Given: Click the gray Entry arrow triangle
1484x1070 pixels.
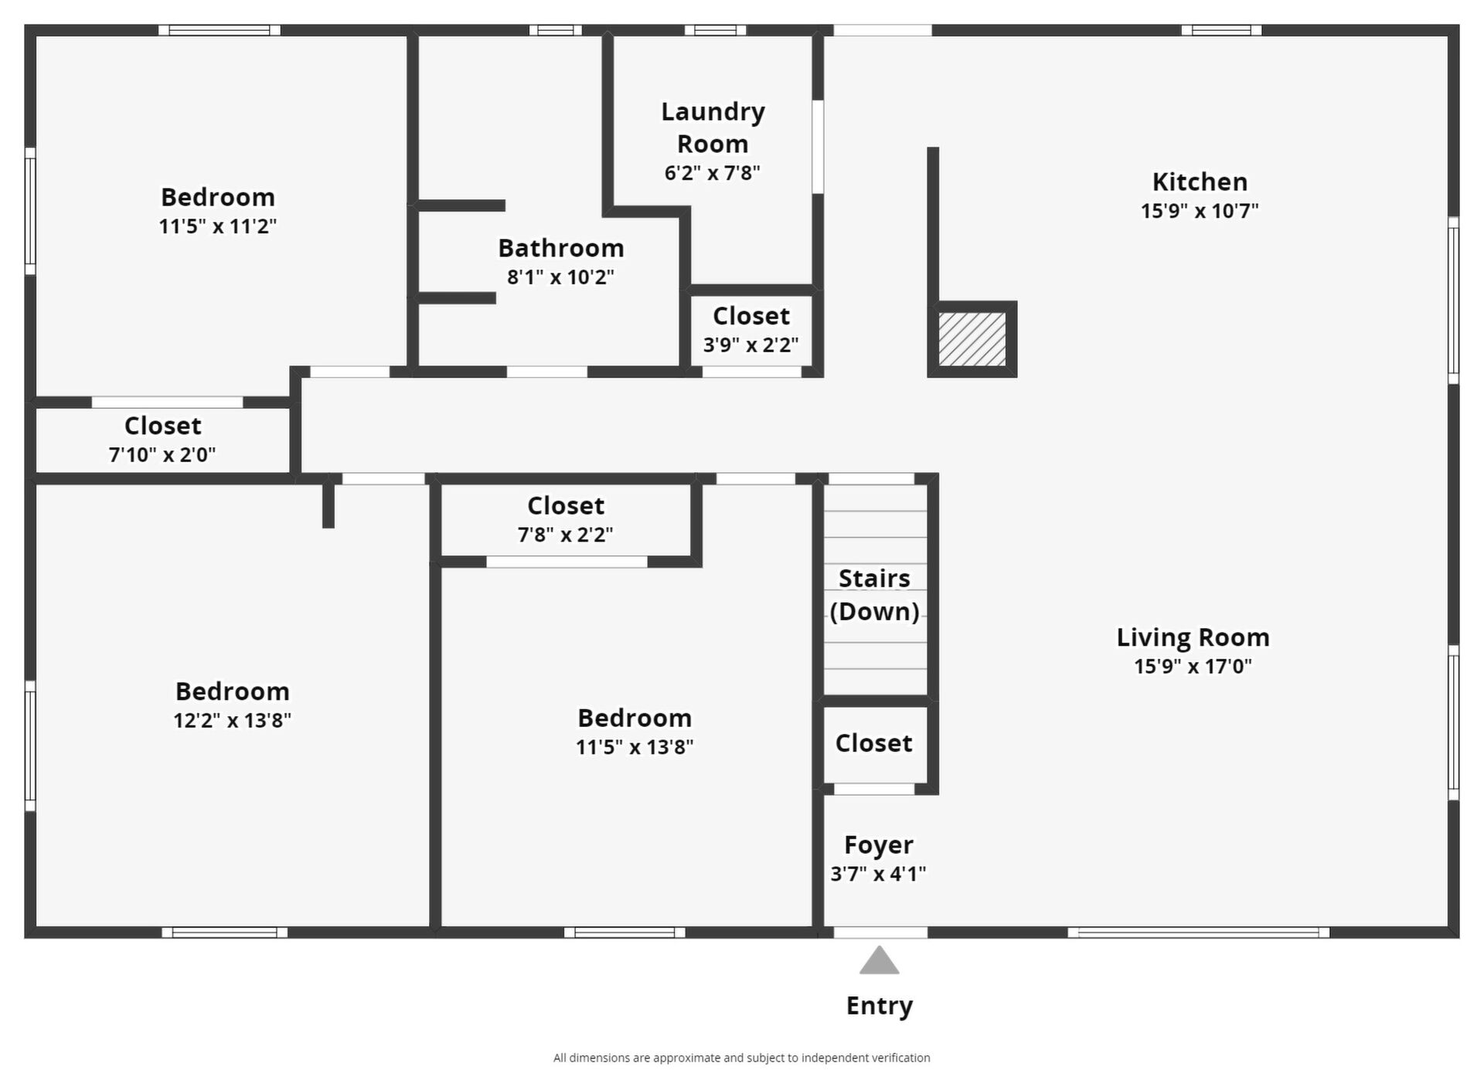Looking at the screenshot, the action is (880, 960).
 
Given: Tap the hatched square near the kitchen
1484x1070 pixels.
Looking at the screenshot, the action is (972, 339).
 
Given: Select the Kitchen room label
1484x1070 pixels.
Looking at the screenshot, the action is (1200, 182).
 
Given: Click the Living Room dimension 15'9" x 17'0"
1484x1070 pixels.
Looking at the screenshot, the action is (1193, 667).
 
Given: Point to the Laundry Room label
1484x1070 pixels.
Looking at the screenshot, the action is (713, 127).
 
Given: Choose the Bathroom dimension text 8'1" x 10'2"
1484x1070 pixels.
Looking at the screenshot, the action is (560, 277).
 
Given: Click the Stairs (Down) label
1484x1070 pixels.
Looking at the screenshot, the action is (874, 595).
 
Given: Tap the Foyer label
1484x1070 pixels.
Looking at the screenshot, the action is (879, 845).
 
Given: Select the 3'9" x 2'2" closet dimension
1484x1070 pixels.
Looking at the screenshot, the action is (751, 345).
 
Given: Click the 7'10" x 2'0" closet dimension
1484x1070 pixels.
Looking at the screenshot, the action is (162, 455).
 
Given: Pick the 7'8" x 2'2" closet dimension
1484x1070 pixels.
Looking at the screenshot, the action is (565, 535).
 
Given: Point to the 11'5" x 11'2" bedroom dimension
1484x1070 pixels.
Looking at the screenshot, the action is (218, 226).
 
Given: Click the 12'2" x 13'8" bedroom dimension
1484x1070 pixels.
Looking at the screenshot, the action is (232, 721).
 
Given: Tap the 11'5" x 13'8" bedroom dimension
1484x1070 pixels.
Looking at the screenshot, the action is (635, 747).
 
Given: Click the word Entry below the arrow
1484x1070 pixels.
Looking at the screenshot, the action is (880, 1006).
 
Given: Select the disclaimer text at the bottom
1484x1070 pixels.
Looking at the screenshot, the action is (742, 1058).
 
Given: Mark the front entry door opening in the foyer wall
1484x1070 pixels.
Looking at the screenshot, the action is (880, 932).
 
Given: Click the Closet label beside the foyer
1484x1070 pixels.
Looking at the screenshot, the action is (873, 743).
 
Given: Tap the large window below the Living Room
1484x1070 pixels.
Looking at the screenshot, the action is (1199, 932).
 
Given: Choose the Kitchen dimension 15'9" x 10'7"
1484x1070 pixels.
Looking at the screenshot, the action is (1200, 211).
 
